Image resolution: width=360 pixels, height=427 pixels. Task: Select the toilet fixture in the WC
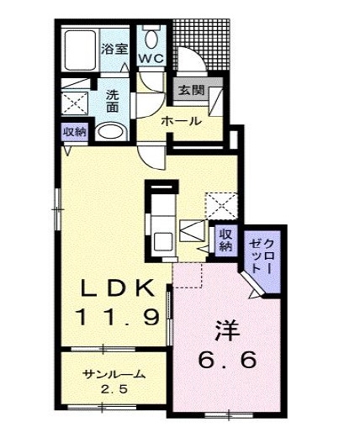coord(152,38)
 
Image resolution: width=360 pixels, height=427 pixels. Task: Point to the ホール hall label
coord(181,121)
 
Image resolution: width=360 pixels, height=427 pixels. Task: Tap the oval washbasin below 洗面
coord(109,132)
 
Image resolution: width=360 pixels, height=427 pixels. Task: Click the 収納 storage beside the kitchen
coord(225,239)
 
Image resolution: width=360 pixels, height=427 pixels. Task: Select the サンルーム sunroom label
coord(114,374)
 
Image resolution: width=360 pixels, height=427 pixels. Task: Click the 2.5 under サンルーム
coord(114,389)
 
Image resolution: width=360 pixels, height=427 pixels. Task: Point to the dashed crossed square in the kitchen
coord(221,203)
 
